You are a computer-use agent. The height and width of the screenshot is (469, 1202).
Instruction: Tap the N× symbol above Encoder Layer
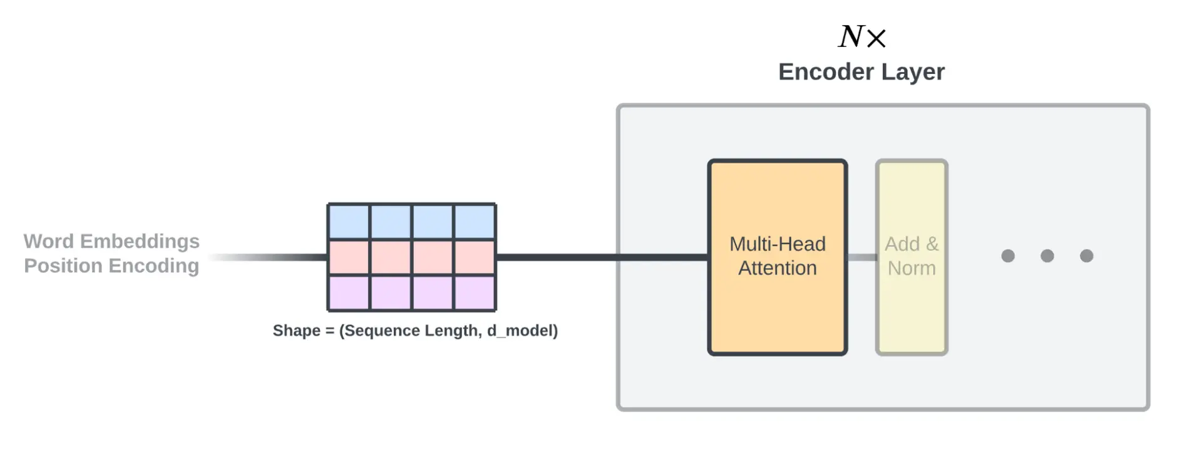[862, 37]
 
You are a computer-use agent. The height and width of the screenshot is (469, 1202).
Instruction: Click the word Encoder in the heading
[826, 72]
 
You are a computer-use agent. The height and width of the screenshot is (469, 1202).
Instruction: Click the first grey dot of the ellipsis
[1008, 255]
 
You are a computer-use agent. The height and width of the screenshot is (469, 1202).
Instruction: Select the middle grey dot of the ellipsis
[1047, 255]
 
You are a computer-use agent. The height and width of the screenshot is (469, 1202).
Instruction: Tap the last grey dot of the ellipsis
[1087, 255]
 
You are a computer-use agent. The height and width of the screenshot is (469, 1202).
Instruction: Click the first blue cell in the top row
[349, 222]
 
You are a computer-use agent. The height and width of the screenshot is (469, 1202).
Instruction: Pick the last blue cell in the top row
[475, 222]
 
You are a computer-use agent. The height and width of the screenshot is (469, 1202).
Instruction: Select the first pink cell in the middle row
[349, 257]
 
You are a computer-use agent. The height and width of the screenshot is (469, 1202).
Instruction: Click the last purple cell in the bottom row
[475, 292]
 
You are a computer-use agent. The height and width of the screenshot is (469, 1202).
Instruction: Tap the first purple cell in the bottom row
[349, 292]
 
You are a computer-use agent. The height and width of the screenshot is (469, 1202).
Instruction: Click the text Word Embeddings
[111, 241]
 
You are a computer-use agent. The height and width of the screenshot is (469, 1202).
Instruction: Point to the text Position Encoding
[111, 265]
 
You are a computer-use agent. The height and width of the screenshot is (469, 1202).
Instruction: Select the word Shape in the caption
[297, 331]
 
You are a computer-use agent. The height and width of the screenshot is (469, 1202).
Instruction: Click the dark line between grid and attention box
[601, 257]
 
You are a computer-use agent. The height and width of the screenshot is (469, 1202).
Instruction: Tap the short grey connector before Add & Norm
[861, 257]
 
